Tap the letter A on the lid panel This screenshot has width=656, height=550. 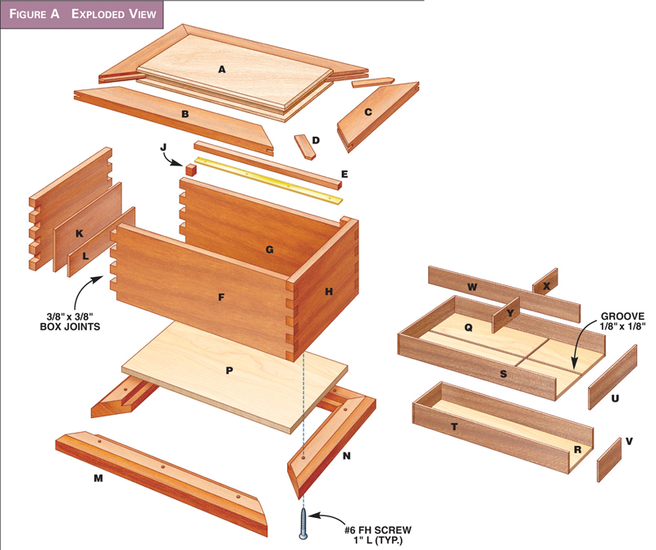[x=221, y=70]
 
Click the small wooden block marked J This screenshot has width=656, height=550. [x=191, y=169]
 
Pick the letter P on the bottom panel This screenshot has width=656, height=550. [x=230, y=370]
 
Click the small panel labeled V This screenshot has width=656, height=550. [x=608, y=461]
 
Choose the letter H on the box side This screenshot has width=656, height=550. [x=329, y=291]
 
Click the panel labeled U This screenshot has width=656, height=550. [x=613, y=377]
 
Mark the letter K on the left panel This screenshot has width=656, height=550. [x=80, y=234]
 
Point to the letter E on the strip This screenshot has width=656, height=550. [x=344, y=175]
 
